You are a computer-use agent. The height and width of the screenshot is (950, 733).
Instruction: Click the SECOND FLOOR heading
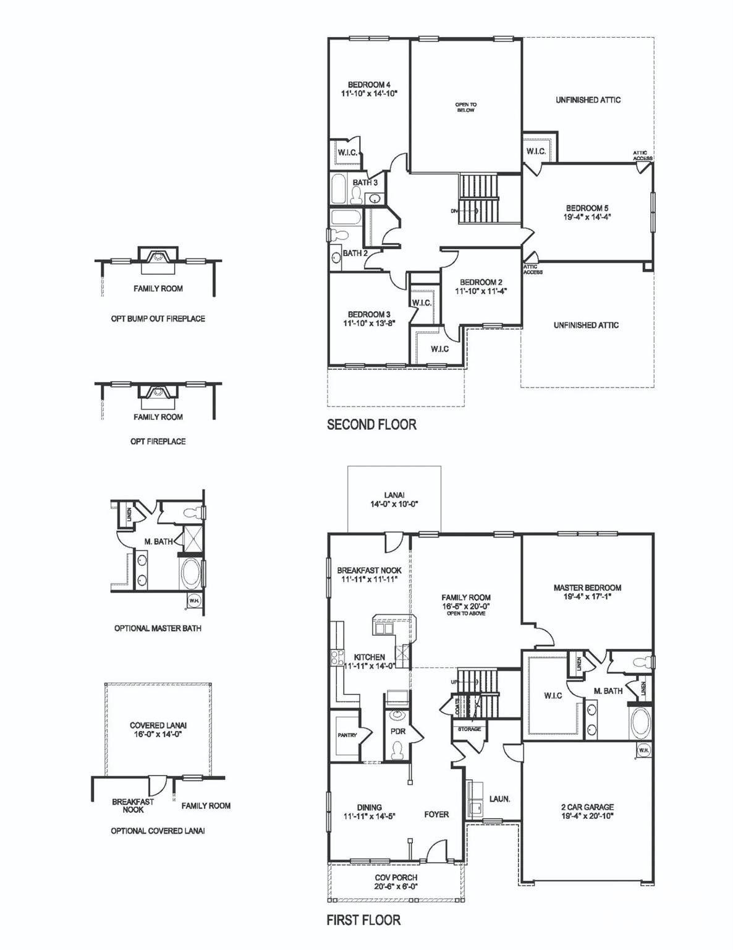(x=371, y=424)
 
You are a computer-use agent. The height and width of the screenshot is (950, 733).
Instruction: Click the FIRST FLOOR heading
(x=363, y=920)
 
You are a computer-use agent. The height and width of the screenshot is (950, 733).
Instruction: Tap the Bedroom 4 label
(x=369, y=85)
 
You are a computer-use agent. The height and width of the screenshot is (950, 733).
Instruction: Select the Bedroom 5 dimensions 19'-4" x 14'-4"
(x=588, y=217)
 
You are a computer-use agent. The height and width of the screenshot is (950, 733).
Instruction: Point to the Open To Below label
(x=466, y=108)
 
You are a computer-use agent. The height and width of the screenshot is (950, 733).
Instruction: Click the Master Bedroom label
(x=587, y=588)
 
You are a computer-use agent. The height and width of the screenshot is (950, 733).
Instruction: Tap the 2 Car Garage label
(x=587, y=807)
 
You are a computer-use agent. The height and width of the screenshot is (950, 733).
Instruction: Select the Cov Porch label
(x=396, y=877)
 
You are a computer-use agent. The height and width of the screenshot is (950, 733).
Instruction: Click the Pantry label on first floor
(x=347, y=735)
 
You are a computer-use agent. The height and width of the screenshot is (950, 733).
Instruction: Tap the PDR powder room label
(x=398, y=730)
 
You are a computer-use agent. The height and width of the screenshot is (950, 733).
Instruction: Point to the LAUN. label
(x=499, y=798)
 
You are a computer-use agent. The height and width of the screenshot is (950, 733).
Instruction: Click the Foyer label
(x=436, y=814)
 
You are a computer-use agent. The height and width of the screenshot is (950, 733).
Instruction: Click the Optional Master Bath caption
(x=158, y=628)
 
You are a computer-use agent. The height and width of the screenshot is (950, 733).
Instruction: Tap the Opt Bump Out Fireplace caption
(x=158, y=319)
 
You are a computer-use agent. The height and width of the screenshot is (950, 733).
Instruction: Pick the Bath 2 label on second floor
(x=355, y=253)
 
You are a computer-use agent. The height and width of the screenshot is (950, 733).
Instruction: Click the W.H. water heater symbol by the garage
(x=643, y=750)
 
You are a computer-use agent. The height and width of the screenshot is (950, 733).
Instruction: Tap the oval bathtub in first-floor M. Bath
(x=640, y=722)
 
